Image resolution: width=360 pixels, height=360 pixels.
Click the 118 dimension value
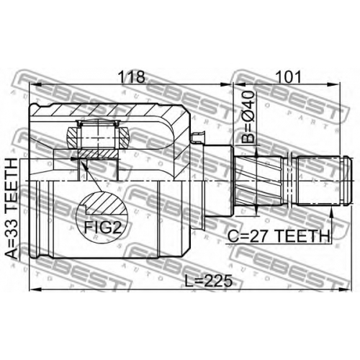pos(132,77)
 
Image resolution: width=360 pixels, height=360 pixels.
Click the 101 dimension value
pos(288,77)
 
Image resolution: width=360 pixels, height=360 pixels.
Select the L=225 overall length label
pos(209,281)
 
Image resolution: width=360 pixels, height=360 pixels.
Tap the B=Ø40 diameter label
pos(248,117)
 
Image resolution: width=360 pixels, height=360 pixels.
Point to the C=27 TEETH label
pos(279,236)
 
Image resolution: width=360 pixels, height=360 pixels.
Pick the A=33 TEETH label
pos(12,209)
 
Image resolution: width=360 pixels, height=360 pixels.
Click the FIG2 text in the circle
pos(102,228)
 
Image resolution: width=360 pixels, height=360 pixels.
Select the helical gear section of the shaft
pos(258,181)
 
